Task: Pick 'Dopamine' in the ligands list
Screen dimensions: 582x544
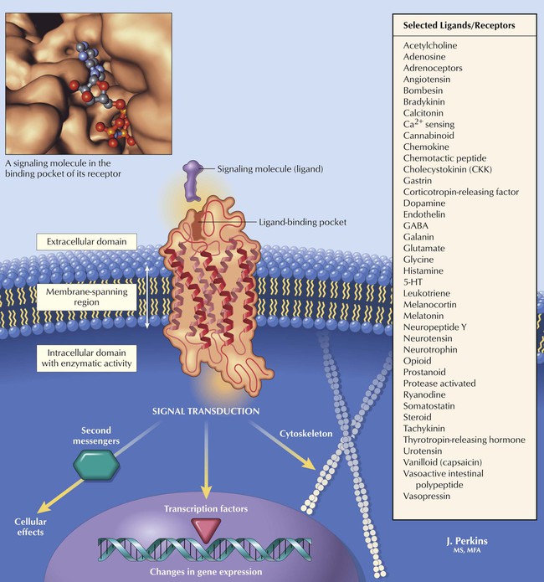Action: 429,203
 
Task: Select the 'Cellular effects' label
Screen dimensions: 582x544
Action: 31,525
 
